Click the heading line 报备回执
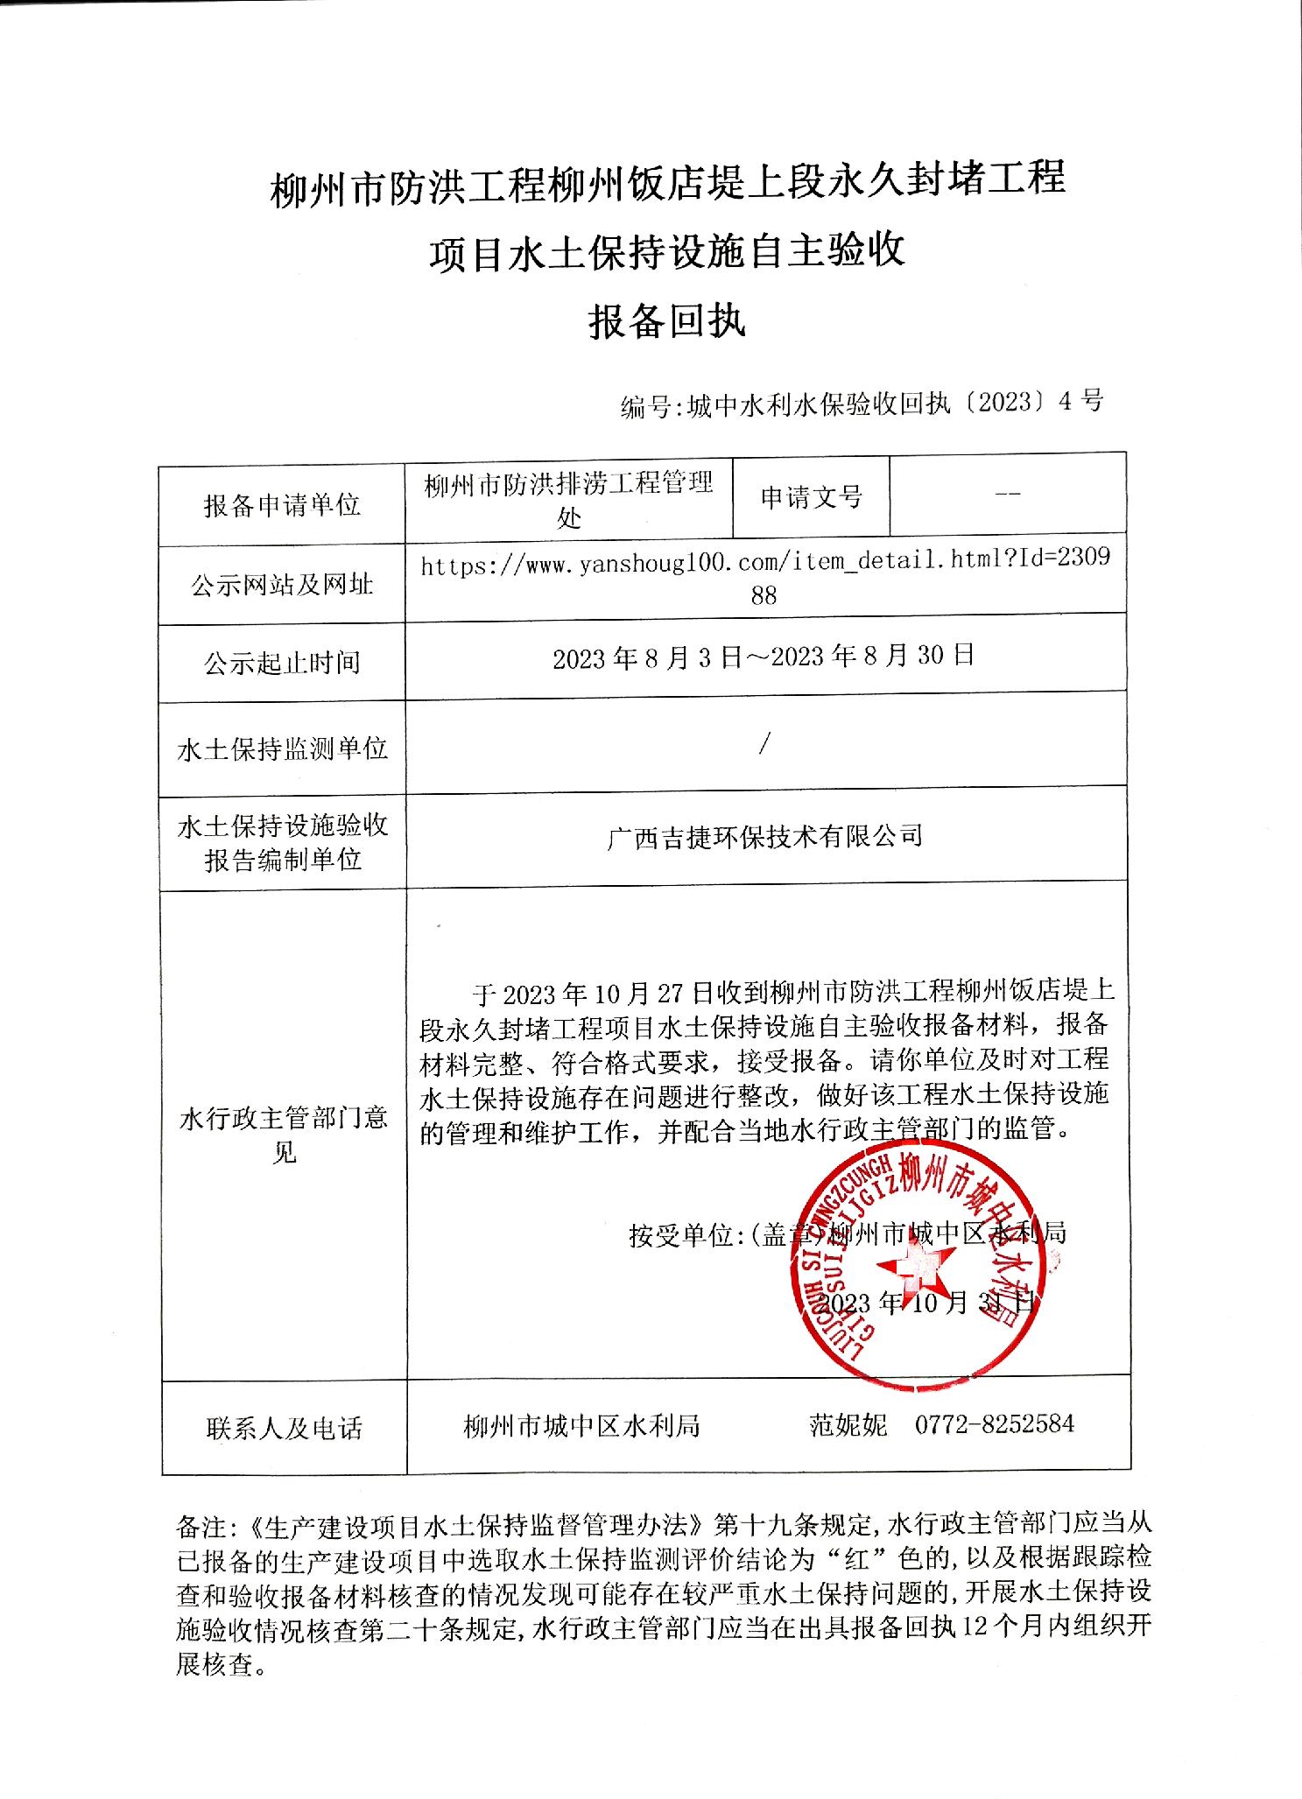pyautogui.click(x=666, y=322)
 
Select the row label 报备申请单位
pyautogui.click(x=282, y=505)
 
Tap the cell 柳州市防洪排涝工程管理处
pyautogui.click(x=569, y=500)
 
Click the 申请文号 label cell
pyautogui.click(x=812, y=498)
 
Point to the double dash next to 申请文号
pyautogui.click(x=1008, y=495)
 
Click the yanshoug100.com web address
pyautogui.click(x=764, y=578)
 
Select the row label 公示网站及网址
pyautogui.click(x=282, y=585)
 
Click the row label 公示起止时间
pyautogui.click(x=282, y=663)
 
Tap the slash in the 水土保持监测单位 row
pyautogui.click(x=765, y=745)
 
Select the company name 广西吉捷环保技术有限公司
pyautogui.click(x=764, y=836)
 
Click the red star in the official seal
pyautogui.click(x=916, y=1266)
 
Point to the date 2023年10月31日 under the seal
pyautogui.click(x=930, y=1303)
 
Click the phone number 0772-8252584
pyautogui.click(x=995, y=1424)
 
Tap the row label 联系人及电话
pyautogui.click(x=284, y=1429)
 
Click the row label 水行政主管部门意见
pyautogui.click(x=283, y=1135)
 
